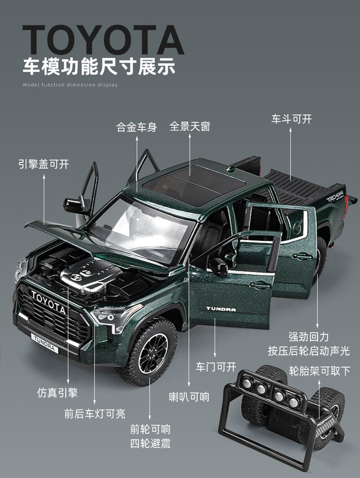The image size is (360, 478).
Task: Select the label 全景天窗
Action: [190, 127]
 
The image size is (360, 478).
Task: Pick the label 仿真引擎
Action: [56, 393]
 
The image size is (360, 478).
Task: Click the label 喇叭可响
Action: [188, 396]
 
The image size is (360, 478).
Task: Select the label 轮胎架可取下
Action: [319, 371]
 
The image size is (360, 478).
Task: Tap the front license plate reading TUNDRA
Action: [42, 344]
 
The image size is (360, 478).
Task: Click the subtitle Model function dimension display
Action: [70, 85]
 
